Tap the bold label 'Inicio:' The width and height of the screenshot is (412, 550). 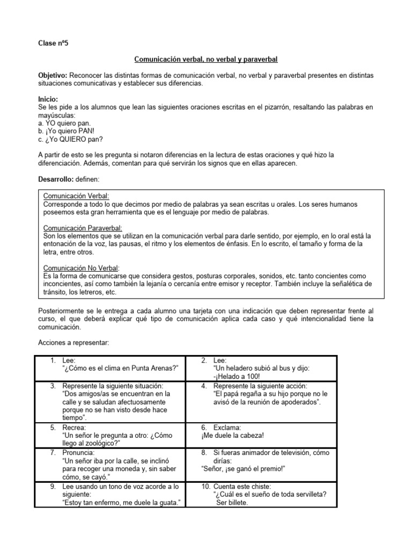tap(48, 100)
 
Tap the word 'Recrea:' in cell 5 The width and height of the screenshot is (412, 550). tap(73, 428)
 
